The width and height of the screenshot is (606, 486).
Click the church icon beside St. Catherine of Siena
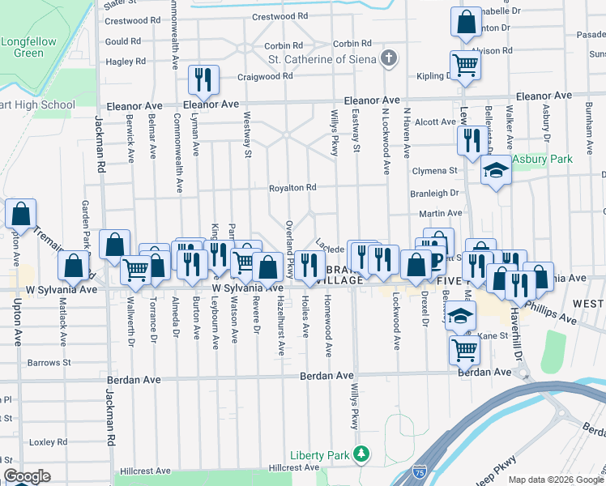pyautogui.click(x=390, y=58)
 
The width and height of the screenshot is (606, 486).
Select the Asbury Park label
pyautogui.click(x=541, y=159)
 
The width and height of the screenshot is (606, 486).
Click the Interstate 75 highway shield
pyautogui.click(x=420, y=471)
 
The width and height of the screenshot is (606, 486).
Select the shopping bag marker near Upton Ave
pyautogui.click(x=21, y=214)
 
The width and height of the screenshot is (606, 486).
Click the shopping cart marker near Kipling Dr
pyautogui.click(x=466, y=65)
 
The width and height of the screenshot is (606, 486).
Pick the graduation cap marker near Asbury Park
pyautogui.click(x=495, y=171)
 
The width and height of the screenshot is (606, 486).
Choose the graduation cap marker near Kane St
pyautogui.click(x=460, y=315)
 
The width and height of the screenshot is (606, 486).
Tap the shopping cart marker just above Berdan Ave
pyautogui.click(x=465, y=349)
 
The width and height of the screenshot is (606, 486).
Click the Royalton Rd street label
pyautogui.click(x=292, y=188)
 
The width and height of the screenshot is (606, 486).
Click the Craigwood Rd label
pyautogui.click(x=265, y=76)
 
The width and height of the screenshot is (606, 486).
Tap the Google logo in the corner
pyautogui.click(x=27, y=476)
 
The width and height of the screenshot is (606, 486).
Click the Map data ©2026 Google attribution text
pyautogui.click(x=555, y=480)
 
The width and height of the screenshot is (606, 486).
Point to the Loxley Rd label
pyautogui.click(x=49, y=442)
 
